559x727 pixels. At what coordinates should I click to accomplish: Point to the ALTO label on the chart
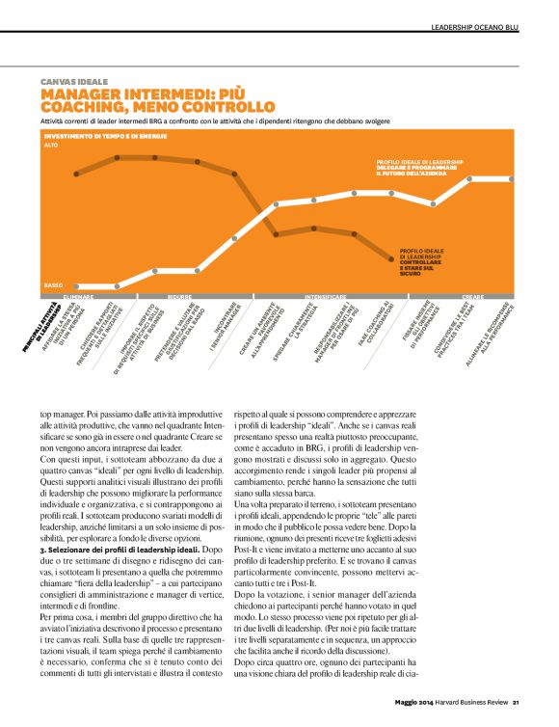point(51,145)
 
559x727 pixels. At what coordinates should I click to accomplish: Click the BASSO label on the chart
point(53,286)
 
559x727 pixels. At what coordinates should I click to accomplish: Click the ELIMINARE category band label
point(79,297)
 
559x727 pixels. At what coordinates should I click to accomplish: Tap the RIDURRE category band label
point(180,297)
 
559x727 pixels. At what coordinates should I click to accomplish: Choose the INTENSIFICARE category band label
point(327,297)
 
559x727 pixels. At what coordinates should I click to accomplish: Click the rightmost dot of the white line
point(509,179)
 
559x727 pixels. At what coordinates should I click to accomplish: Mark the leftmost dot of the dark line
point(79,174)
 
